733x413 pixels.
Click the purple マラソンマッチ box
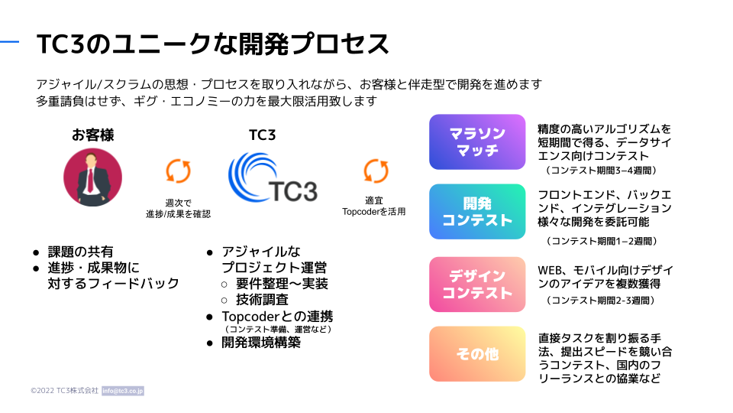click(477, 142)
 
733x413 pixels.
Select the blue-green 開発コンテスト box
click(477, 212)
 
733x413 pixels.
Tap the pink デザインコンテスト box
click(477, 285)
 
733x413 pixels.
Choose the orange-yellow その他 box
click(477, 354)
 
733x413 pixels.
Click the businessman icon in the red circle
click(92, 177)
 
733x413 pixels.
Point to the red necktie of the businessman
click(90, 181)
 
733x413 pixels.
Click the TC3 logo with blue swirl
click(273, 177)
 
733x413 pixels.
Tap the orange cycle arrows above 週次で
click(178, 171)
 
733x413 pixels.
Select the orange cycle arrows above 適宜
click(376, 171)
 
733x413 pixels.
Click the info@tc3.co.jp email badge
click(123, 391)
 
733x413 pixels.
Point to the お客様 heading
click(92, 135)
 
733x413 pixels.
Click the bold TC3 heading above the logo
click(262, 135)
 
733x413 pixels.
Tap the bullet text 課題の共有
click(80, 252)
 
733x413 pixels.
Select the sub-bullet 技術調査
click(262, 299)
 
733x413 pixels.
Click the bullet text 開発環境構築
click(261, 343)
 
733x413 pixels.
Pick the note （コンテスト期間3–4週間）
click(601, 171)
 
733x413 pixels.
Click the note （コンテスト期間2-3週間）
click(600, 300)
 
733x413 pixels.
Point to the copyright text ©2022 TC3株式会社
click(64, 391)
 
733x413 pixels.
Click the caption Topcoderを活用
click(373, 212)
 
